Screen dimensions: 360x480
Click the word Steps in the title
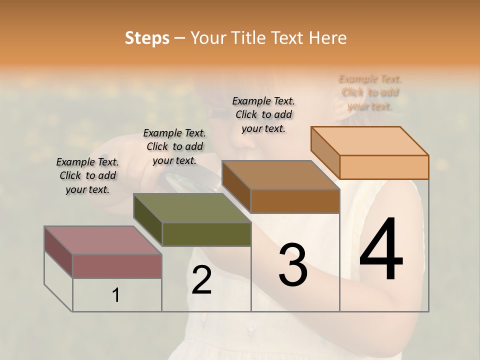146,38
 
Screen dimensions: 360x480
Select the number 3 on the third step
293,265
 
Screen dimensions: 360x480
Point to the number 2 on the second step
201,280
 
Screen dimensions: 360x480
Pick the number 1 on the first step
116,295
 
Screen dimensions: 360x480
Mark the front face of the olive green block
206,234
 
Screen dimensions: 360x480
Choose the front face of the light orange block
384,167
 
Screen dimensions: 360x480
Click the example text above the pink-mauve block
87,176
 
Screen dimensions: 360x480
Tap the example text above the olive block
174,146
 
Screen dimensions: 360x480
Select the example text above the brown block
263,114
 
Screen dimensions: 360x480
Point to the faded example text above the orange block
370,92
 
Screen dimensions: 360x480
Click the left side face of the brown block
236,186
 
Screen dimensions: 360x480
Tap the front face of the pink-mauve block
117,266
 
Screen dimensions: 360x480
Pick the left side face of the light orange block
325,152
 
